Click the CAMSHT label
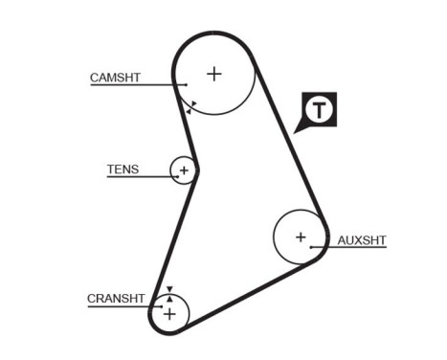(115, 78)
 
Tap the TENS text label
(123, 169)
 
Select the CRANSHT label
(116, 298)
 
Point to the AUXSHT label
(362, 240)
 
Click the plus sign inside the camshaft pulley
(214, 73)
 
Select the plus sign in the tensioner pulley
(184, 170)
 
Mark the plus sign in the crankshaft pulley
(169, 313)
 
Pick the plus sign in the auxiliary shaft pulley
(301, 236)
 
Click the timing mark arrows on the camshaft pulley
(191, 107)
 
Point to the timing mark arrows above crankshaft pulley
(169, 292)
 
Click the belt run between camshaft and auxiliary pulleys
(287, 144)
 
